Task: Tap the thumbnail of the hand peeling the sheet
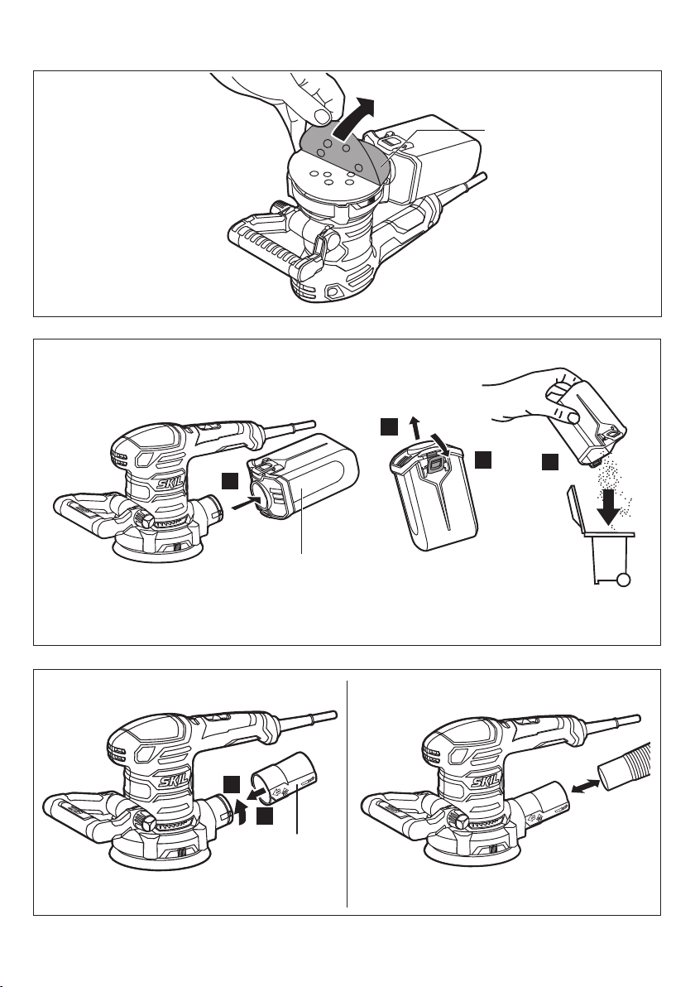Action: pos(324,116)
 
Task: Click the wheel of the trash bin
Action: pos(623,580)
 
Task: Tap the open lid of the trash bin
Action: pos(573,511)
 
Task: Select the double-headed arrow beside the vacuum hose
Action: pos(586,786)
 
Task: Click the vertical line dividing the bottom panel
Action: pos(347,793)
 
